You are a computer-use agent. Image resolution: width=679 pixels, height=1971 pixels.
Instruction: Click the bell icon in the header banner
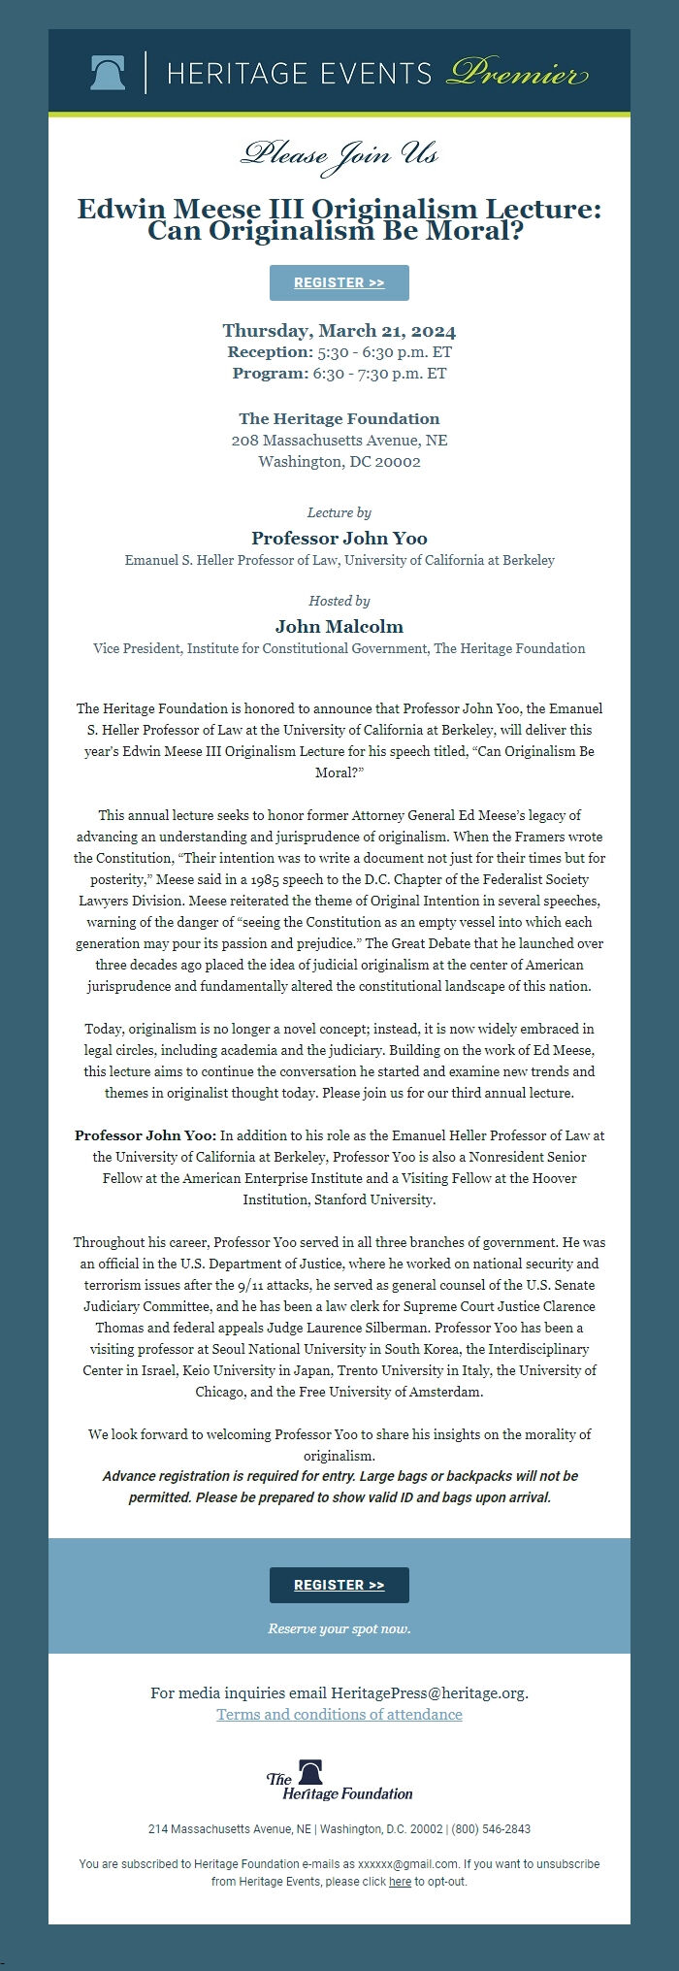point(108,73)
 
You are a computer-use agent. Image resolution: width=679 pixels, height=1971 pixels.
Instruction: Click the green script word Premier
point(517,74)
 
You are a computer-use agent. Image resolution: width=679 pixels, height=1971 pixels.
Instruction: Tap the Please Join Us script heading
point(339,154)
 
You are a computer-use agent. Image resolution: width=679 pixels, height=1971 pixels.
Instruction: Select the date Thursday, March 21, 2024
point(339,330)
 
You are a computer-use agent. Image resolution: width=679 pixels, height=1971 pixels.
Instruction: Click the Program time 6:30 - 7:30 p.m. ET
point(379,373)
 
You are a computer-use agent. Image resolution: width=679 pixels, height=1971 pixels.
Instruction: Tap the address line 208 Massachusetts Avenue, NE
point(339,441)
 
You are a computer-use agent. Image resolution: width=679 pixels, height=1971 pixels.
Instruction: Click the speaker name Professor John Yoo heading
point(339,538)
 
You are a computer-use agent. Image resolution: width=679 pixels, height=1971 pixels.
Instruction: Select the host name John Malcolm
point(339,626)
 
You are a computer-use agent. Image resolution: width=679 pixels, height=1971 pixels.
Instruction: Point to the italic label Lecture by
point(339,512)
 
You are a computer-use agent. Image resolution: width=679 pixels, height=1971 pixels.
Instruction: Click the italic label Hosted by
point(339,601)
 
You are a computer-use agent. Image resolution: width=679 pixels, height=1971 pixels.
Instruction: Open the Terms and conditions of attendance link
point(339,1714)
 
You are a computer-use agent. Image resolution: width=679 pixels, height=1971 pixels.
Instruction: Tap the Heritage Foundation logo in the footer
point(339,1780)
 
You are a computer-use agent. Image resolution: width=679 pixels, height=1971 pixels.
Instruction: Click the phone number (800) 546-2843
point(491,1828)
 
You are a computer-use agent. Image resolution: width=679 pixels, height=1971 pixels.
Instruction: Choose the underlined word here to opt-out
point(400,1881)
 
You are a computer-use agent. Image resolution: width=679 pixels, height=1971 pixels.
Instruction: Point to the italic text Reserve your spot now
point(339,1627)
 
